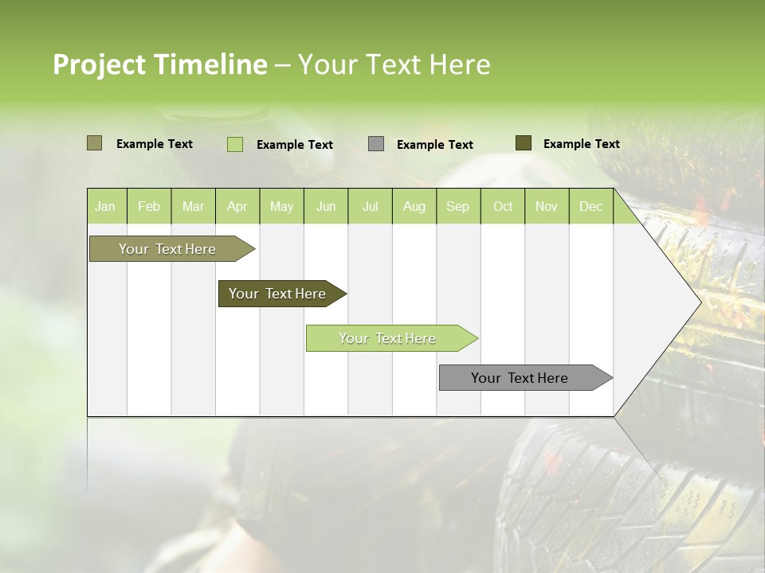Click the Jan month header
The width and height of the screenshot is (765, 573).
pyautogui.click(x=105, y=206)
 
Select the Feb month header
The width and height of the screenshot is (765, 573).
pyautogui.click(x=149, y=206)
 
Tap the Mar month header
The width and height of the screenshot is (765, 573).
pyautogui.click(x=193, y=206)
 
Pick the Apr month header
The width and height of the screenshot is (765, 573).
pyautogui.click(x=237, y=206)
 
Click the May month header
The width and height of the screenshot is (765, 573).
pyautogui.click(x=281, y=206)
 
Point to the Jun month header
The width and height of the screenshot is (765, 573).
pyautogui.click(x=326, y=206)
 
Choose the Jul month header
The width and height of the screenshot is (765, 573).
pyautogui.click(x=370, y=206)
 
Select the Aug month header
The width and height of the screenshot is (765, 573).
pyautogui.click(x=414, y=206)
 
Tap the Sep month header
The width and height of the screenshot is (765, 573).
pyautogui.click(x=457, y=206)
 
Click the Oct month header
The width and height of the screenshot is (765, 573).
pyautogui.click(x=503, y=206)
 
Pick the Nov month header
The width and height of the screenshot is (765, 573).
pyautogui.click(x=547, y=206)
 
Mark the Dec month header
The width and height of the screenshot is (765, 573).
pyautogui.click(x=590, y=206)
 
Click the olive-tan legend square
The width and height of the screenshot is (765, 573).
pyautogui.click(x=94, y=143)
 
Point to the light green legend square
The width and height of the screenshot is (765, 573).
pyautogui.click(x=234, y=144)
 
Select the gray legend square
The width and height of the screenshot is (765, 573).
pyautogui.click(x=376, y=144)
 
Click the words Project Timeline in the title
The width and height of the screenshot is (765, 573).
pyautogui.click(x=159, y=64)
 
